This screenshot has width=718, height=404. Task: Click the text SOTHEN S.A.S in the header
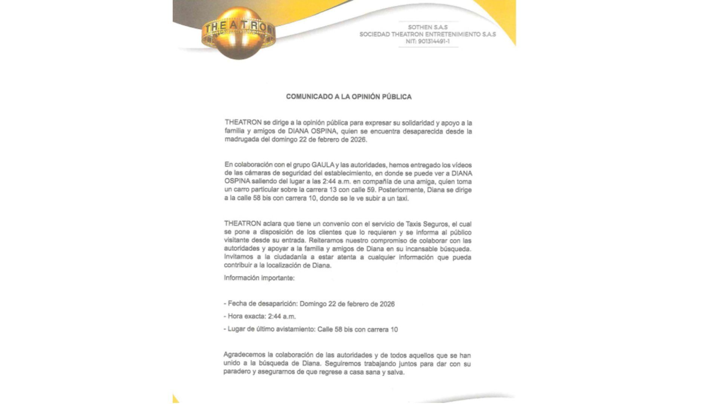(427, 27)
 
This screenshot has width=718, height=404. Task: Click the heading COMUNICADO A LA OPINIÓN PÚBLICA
(349, 97)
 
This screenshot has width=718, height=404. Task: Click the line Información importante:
(259, 278)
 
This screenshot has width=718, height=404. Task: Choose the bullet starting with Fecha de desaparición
(309, 304)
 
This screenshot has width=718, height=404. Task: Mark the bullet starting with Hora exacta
(260, 316)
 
